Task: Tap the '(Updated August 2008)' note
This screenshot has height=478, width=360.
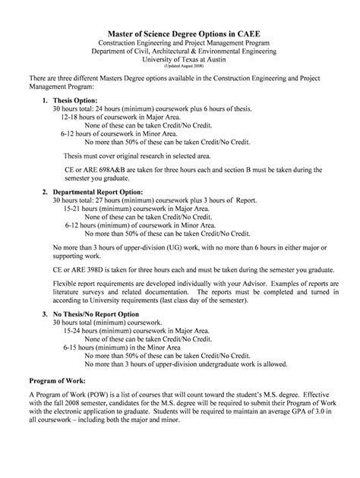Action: (180, 66)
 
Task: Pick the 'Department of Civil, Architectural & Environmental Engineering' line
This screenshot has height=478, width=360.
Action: (180, 50)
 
